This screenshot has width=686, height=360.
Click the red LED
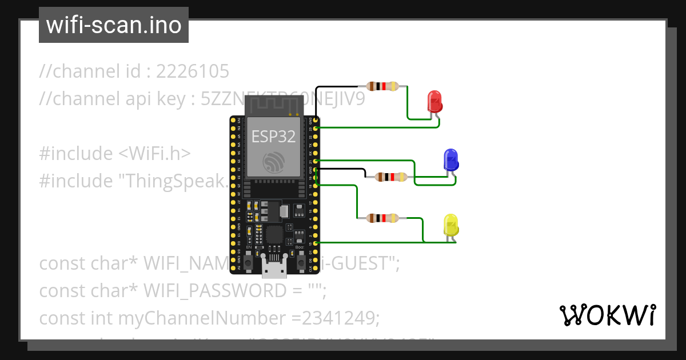[435, 101]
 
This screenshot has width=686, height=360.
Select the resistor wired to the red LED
[383, 86]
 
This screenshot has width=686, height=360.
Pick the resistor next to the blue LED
[391, 177]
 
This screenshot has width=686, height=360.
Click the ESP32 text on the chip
[273, 136]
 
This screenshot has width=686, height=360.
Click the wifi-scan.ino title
[113, 25]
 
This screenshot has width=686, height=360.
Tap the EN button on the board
[249, 262]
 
